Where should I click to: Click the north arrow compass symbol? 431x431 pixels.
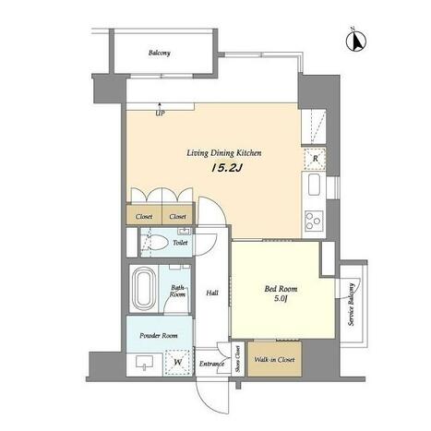coord(356,41)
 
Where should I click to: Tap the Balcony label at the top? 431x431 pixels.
coord(159,53)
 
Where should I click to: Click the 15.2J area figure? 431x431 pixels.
coord(227,168)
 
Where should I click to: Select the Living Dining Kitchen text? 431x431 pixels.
coord(224,153)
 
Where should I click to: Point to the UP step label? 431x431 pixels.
coord(160,114)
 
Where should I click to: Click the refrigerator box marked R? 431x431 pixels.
coord(315,159)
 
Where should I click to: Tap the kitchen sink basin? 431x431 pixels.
coord(315,185)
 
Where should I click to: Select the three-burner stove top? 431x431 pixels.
coord(314,221)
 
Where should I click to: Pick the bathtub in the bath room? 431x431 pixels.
coord(143,288)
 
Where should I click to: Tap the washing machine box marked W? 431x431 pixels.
coord(177,362)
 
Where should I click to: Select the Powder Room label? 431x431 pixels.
coord(159,335)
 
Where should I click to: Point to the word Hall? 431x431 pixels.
coord(212,293)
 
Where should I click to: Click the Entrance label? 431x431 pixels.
coord(211,364)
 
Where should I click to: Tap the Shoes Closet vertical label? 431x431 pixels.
coord(238,359)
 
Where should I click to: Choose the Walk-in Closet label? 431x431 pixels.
coord(274,359)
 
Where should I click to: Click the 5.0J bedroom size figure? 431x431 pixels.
coord(281,298)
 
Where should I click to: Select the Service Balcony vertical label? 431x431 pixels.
coord(351,305)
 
